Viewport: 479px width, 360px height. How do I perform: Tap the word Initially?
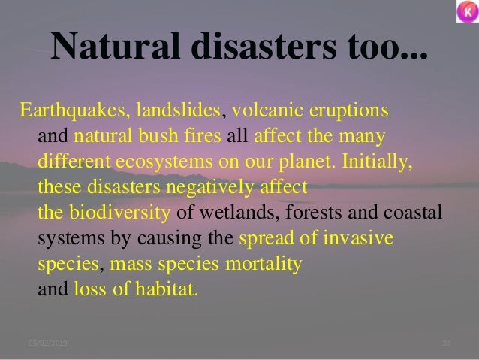(x=380, y=163)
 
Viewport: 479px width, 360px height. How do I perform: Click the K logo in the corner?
(x=465, y=14)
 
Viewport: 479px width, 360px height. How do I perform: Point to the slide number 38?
(x=445, y=344)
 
